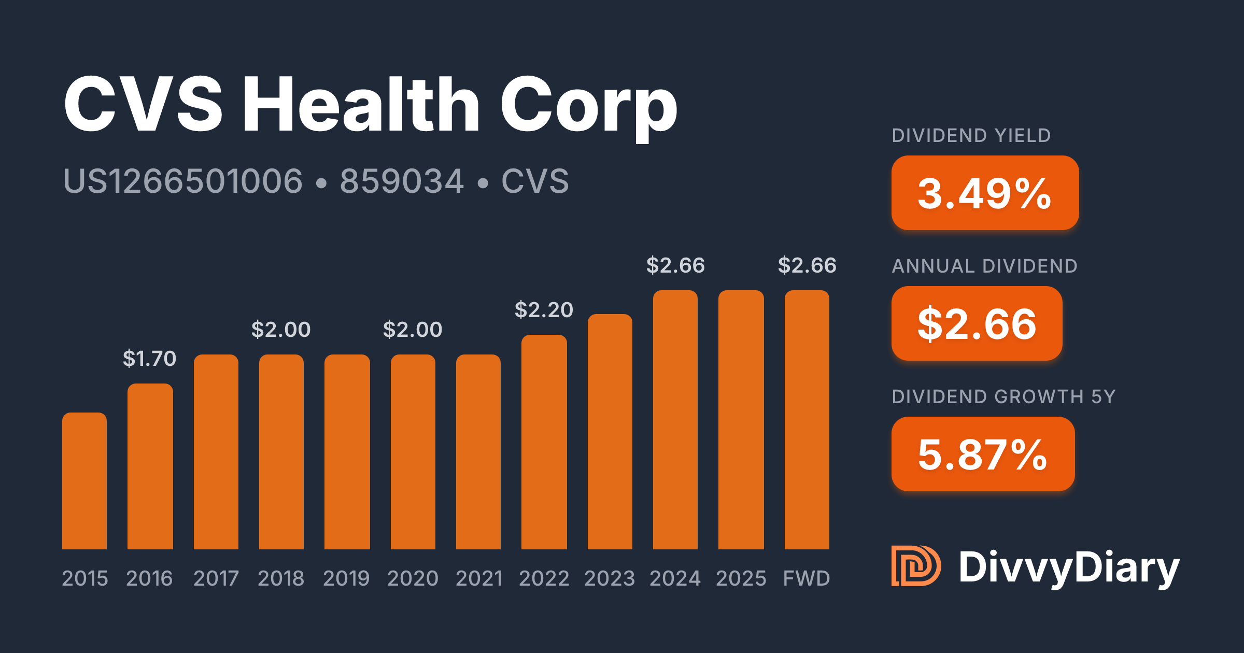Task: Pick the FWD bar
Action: (807, 420)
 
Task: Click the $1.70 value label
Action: (150, 359)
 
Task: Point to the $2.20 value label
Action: (544, 310)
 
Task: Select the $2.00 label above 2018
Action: (281, 330)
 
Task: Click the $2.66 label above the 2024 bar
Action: (675, 265)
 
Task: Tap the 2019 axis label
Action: (346, 578)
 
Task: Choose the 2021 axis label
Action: (479, 578)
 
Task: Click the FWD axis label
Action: (807, 578)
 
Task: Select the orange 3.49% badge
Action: (985, 193)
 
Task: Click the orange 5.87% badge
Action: (983, 454)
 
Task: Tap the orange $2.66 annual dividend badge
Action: (977, 323)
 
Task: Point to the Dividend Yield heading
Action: (971, 136)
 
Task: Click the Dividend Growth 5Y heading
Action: (1003, 397)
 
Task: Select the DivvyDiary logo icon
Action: (916, 566)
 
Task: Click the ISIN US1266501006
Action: (182, 181)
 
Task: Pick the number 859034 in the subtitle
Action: (402, 181)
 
